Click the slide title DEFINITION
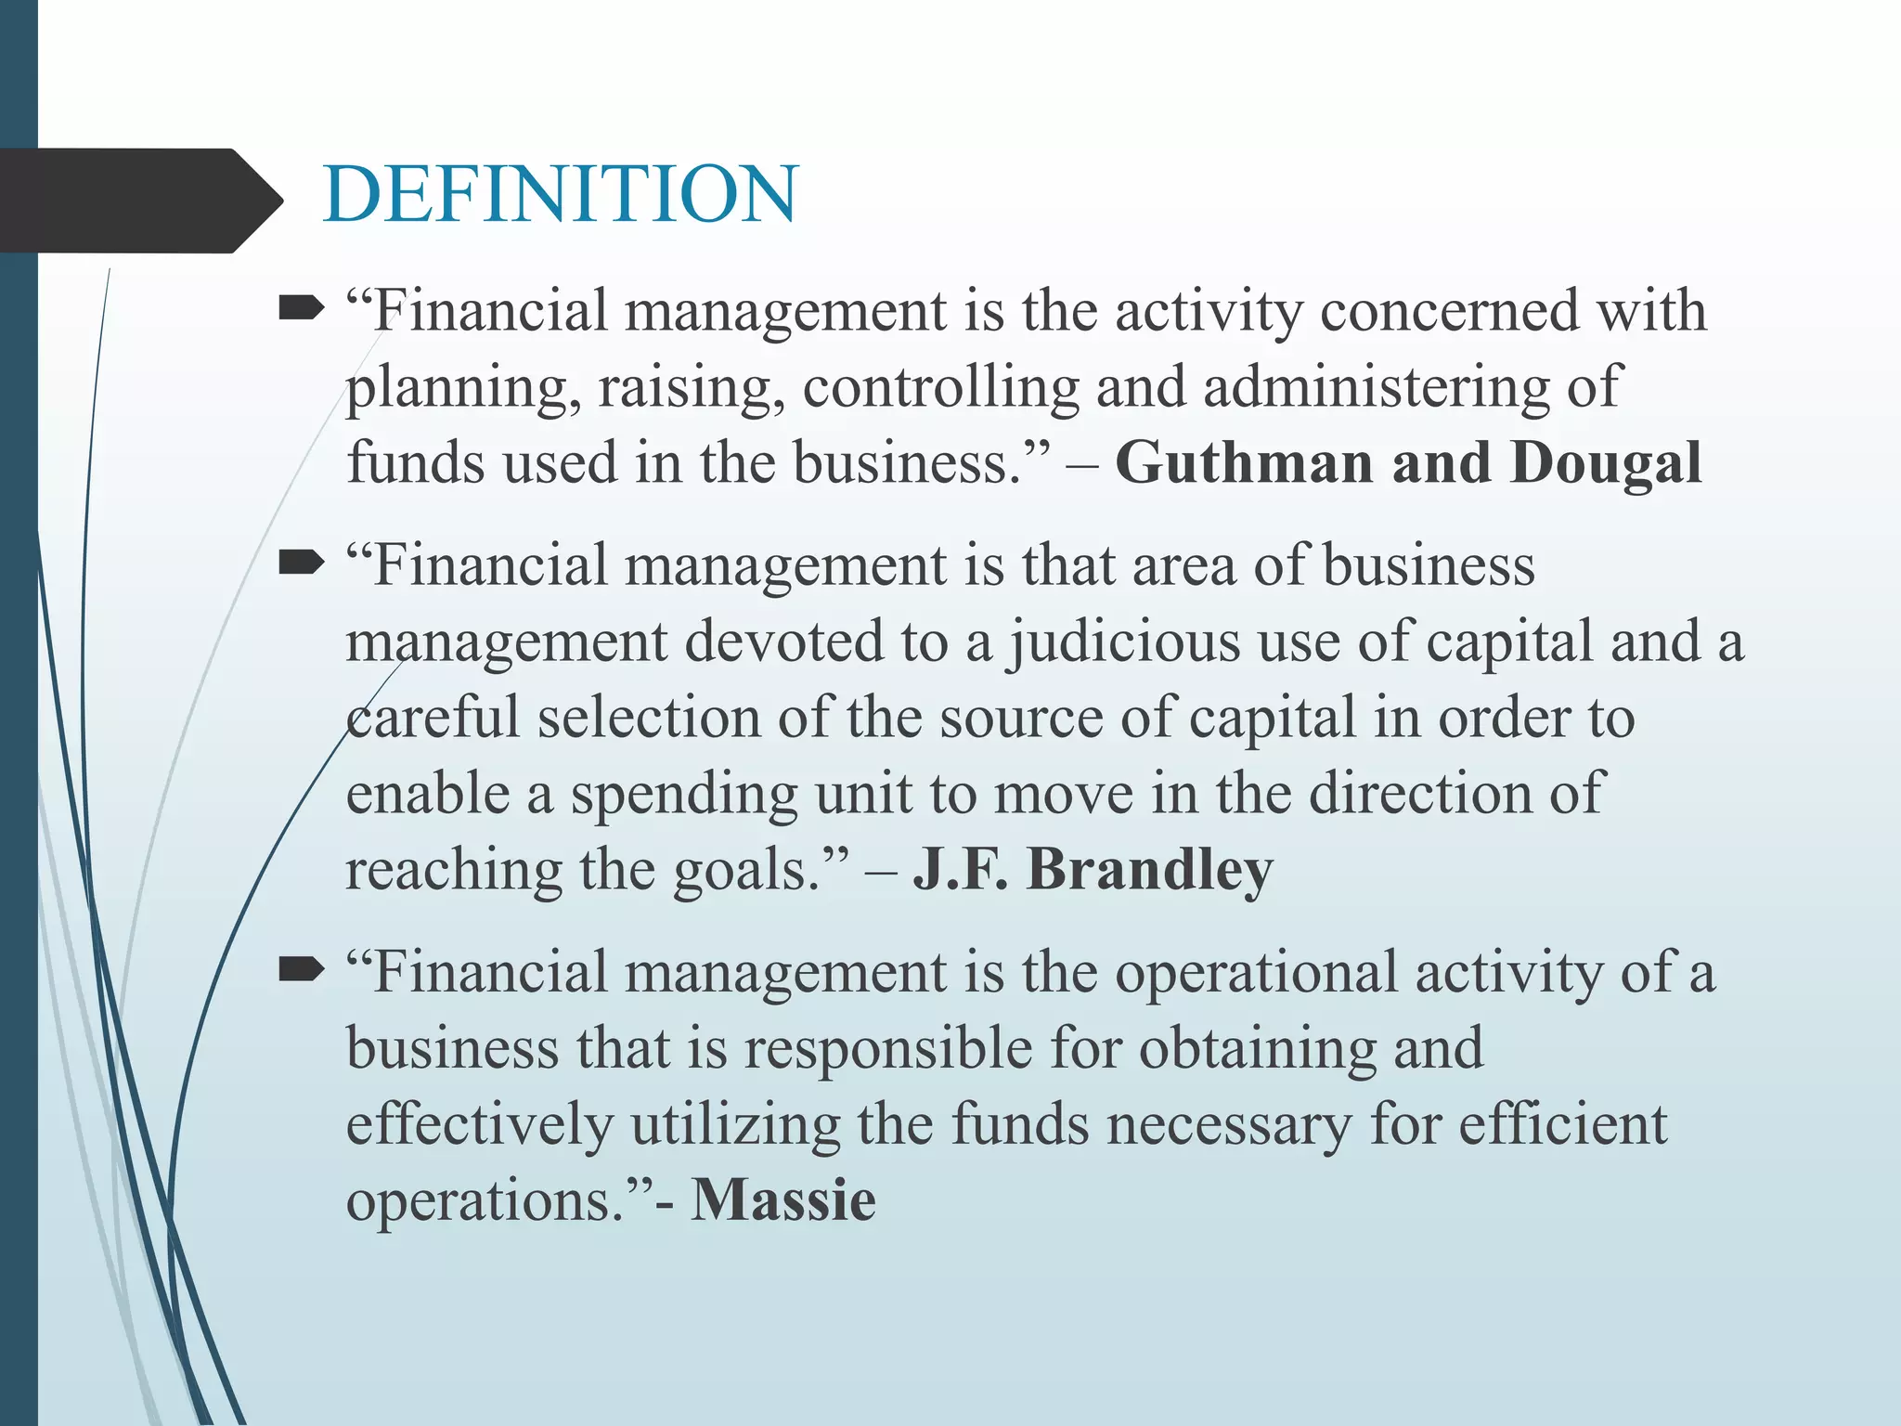[560, 194]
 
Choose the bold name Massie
[783, 1199]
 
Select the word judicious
[1125, 642]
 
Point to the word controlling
[940, 386]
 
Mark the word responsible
[888, 1049]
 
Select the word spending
[683, 795]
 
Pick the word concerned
[1448, 309]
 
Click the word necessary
[1229, 1124]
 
